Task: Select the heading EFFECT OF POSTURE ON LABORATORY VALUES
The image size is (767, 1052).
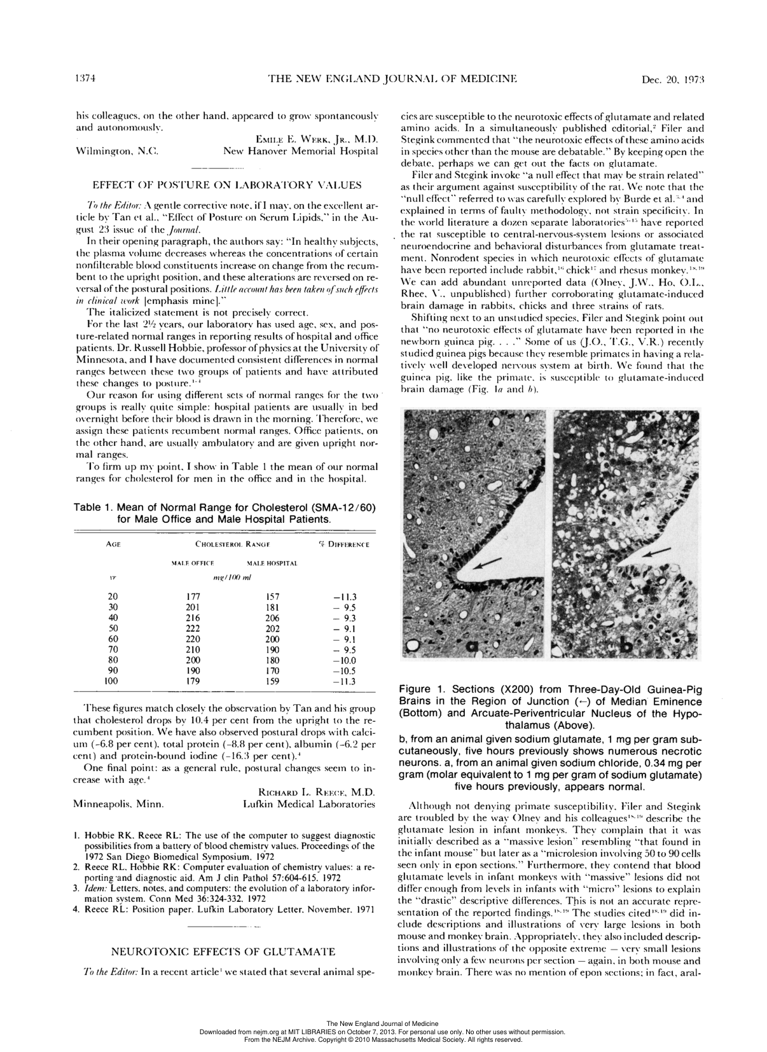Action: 227,185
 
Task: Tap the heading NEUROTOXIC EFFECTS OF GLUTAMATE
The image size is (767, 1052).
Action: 223,952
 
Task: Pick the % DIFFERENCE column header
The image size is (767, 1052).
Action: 344,544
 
